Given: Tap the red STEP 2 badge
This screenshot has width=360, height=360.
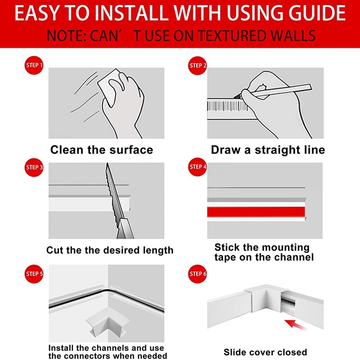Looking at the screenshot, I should click(198, 66).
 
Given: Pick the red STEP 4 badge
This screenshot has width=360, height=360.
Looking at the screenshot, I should click(198, 167).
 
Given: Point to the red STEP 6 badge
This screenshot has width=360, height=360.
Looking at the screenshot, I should click(198, 274).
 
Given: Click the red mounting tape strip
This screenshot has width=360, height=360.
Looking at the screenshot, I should click(256, 212).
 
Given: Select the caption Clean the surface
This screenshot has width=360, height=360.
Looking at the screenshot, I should click(102, 150).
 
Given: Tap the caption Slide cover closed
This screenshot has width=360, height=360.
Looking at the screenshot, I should click(265, 352).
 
